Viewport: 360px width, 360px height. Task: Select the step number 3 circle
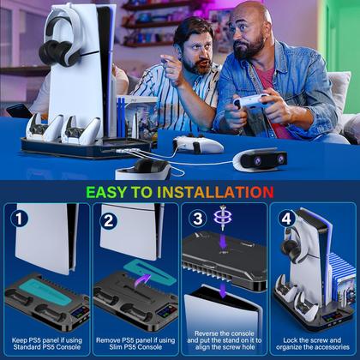(x=196, y=219)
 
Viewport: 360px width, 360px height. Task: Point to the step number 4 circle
(x=284, y=219)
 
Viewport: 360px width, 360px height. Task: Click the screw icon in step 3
(x=224, y=219)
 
